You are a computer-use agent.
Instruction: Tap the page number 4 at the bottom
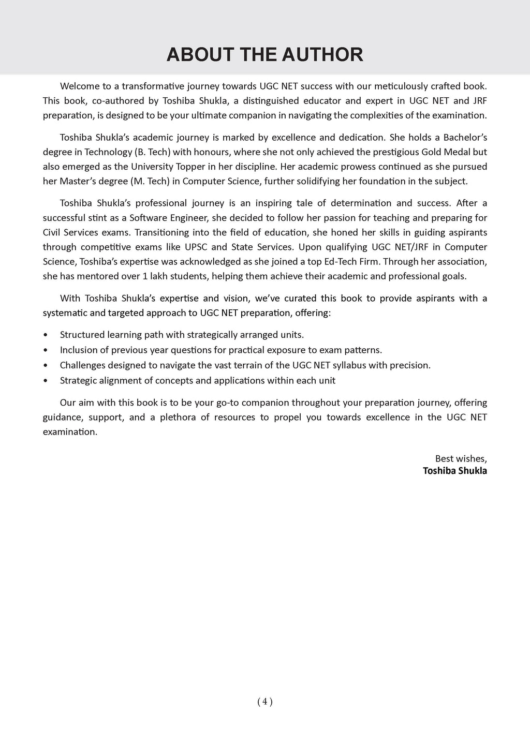coord(264,702)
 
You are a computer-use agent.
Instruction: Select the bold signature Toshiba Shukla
coord(454,471)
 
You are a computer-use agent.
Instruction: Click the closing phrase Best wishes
coord(461,458)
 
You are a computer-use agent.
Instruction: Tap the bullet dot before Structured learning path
coord(46,335)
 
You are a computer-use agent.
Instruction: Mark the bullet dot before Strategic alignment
coord(46,381)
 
